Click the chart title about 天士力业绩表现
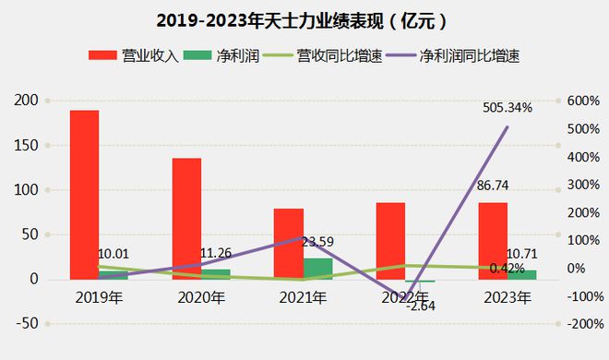[x=305, y=19]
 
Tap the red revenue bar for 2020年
[x=186, y=218]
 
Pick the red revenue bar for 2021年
[x=289, y=244]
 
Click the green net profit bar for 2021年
[x=317, y=268]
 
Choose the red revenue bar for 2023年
[x=492, y=240]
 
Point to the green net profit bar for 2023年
[x=522, y=274]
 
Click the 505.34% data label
[x=507, y=108]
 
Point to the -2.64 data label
[x=423, y=306]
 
